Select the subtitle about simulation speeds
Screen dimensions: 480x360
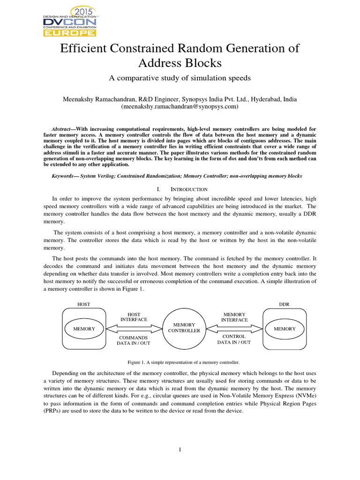(180, 78)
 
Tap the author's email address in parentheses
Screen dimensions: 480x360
(180, 106)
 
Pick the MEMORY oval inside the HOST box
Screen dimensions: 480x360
(84, 329)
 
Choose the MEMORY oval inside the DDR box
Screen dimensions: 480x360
(285, 329)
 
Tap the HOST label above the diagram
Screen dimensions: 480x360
(83, 304)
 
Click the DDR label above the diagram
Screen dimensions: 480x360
(284, 304)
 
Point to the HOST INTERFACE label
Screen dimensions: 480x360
(134, 316)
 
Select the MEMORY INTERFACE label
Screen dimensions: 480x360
(234, 316)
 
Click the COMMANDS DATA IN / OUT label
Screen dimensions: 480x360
(134, 340)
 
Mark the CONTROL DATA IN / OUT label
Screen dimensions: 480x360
(234, 339)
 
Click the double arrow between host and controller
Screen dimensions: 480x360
(133, 328)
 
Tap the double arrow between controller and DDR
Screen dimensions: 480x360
(234, 328)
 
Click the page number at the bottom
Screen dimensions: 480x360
(180, 450)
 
